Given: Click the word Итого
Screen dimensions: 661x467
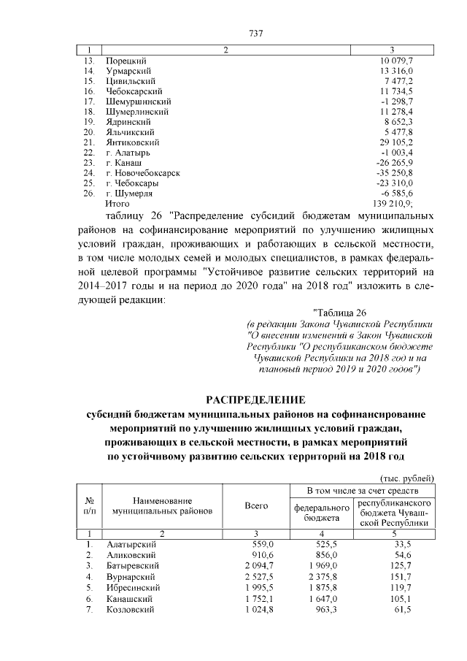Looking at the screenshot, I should click(x=117, y=204).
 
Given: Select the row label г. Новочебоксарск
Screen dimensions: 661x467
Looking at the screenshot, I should click(x=143, y=173).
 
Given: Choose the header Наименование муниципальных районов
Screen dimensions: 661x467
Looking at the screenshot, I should click(x=162, y=506).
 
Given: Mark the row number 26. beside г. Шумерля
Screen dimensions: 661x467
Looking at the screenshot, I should click(x=89, y=194).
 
